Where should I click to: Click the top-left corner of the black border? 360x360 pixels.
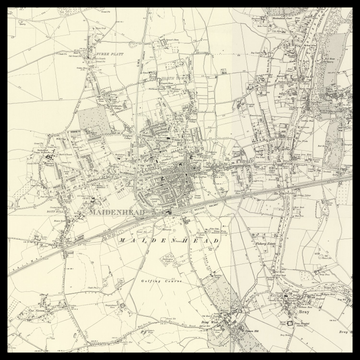[9, 9]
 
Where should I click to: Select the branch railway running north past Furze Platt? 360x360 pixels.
[140, 70]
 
